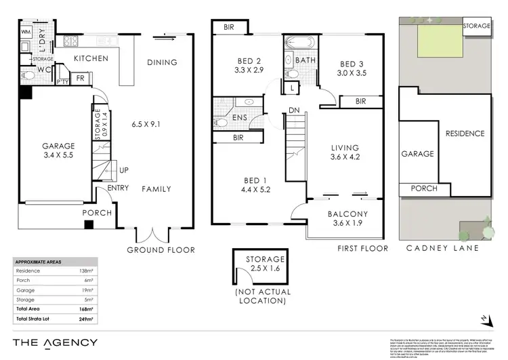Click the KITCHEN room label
pos(91,59)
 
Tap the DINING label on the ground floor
pos(162,63)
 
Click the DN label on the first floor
pos(295,110)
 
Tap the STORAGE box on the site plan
pos(476,26)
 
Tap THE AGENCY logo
pos(55,343)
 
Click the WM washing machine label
pos(26,32)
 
